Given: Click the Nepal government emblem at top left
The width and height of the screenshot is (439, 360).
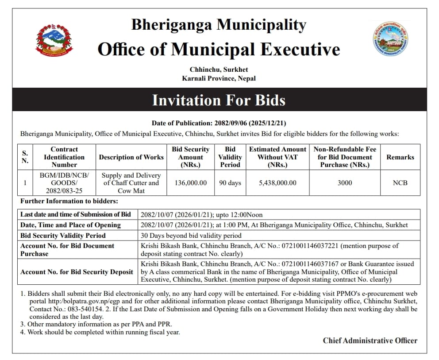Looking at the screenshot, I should point(54,40).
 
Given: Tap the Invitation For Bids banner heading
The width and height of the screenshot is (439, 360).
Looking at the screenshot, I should point(219,100).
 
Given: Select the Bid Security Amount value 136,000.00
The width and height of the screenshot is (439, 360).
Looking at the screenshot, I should point(190,183).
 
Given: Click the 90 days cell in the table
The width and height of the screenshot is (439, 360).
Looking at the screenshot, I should point(230,183).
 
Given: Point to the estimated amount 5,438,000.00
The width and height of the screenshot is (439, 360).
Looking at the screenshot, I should point(277,183).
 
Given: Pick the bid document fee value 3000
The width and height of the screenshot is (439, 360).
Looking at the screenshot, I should point(345,183).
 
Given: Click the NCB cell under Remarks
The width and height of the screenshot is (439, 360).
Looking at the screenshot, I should point(400,183).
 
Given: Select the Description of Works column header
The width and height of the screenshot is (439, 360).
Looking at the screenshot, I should point(131,157).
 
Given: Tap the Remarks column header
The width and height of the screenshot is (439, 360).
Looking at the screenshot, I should point(400,157).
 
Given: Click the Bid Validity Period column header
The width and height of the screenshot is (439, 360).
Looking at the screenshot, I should point(230,157).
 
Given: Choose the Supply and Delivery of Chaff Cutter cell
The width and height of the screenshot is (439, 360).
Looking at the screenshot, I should point(131,183).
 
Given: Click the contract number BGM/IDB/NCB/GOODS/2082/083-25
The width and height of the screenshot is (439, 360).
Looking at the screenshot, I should point(64,183).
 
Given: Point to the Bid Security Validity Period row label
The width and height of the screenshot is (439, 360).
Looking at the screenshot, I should point(63,236).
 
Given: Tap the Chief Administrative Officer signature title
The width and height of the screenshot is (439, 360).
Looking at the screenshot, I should point(370,341).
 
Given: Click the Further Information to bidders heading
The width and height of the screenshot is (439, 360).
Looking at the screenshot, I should point(69,201).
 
